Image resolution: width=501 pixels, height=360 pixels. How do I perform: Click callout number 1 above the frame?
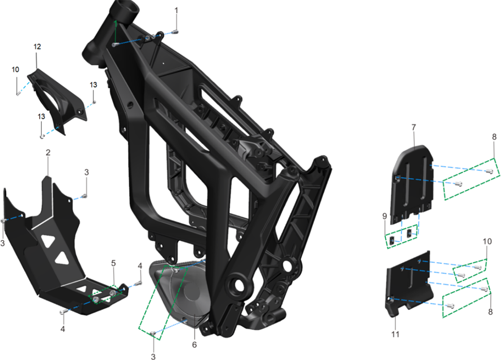(176, 10)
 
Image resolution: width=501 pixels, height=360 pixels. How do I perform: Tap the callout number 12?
(37, 47)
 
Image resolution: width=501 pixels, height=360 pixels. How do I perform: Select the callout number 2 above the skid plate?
(48, 153)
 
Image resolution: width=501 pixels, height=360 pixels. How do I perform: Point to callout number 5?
(113, 263)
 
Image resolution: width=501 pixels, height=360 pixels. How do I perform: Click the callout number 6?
(194, 345)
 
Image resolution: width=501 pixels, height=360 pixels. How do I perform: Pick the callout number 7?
(414, 127)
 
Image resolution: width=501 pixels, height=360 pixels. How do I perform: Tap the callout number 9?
(385, 216)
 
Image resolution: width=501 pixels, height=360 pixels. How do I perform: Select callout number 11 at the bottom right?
(395, 334)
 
